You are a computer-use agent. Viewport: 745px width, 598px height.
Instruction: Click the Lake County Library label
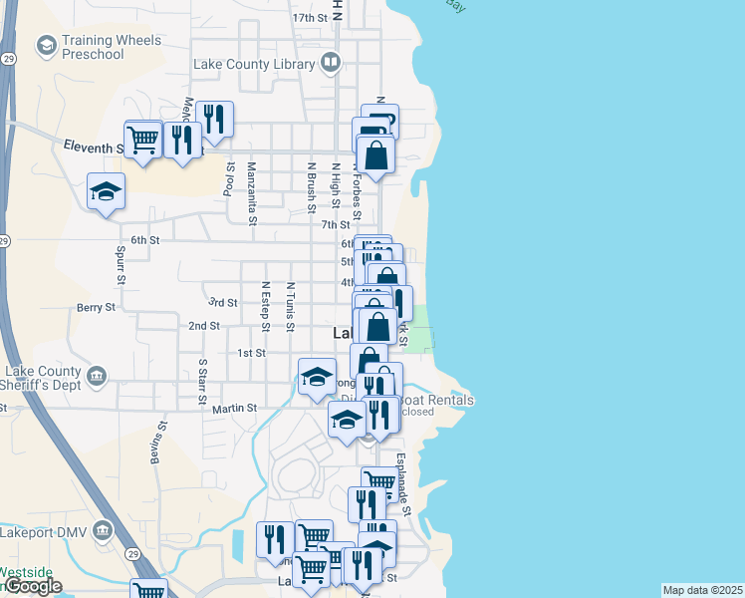(254, 65)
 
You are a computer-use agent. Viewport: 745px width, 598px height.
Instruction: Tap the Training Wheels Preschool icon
(45, 46)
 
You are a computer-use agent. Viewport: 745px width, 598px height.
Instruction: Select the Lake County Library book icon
(331, 65)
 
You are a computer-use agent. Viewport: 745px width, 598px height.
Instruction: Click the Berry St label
(97, 308)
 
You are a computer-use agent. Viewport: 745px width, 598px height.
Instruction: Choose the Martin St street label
(234, 408)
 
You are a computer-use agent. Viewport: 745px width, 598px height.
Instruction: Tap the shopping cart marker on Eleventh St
(143, 140)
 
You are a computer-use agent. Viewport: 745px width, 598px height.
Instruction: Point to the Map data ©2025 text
(702, 590)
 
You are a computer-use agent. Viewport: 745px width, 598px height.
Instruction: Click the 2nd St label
(203, 326)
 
